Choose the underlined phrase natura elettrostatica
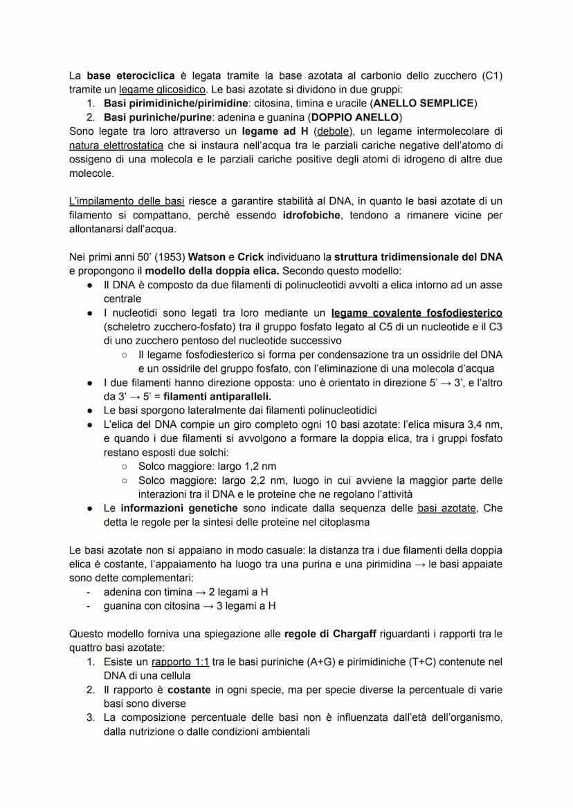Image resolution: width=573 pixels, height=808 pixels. tap(116, 145)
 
